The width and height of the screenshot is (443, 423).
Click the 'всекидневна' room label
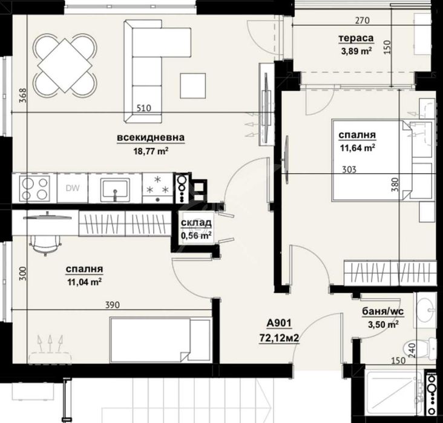tap(151, 138)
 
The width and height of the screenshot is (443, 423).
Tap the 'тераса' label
tap(356, 38)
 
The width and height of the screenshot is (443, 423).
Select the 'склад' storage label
tap(196, 223)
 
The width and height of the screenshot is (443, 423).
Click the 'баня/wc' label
tap(383, 312)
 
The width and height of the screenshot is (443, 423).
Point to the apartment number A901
tap(279, 323)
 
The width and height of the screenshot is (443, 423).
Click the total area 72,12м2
tap(279, 338)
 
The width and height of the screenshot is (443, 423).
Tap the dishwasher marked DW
tap(73, 188)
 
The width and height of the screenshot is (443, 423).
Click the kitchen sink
tap(115, 188)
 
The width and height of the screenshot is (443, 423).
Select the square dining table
tap(65, 65)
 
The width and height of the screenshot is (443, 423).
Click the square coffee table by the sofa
tap(192, 85)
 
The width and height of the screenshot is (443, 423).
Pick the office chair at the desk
tap(45, 245)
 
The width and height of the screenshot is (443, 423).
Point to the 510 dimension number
tap(144, 108)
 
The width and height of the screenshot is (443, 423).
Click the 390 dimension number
tap(113, 305)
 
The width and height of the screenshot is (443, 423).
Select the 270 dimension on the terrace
tap(362, 21)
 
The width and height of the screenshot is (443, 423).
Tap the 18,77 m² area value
tap(151, 151)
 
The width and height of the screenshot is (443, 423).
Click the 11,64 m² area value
tap(358, 148)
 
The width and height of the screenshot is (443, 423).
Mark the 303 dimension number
tap(349, 169)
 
